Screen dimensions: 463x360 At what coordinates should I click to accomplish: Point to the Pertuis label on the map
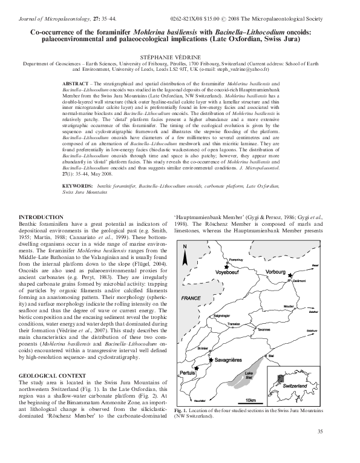coord(191,356)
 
